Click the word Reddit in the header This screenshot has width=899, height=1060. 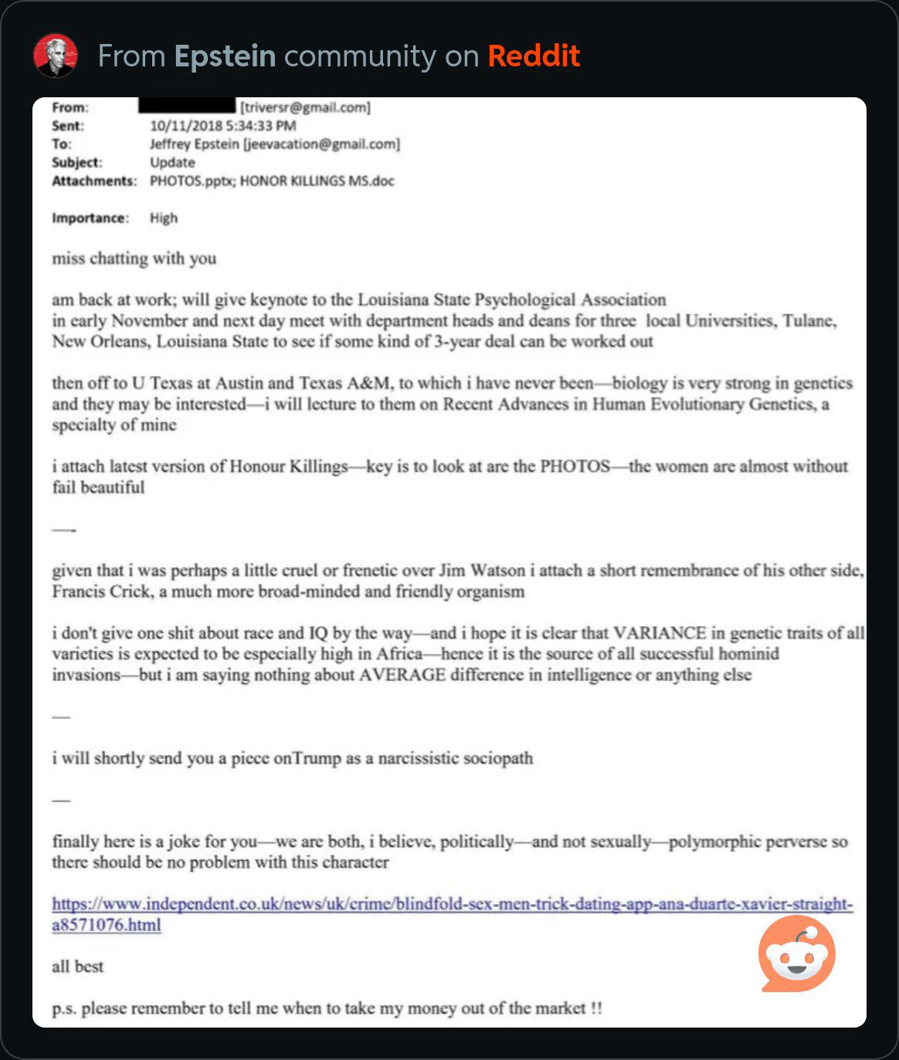[534, 56]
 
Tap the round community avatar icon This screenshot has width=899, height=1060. [56, 56]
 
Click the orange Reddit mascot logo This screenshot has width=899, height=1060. [796, 953]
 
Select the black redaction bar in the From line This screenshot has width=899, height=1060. [188, 107]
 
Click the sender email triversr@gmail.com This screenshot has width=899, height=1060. [307, 107]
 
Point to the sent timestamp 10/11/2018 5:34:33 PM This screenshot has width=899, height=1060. [223, 126]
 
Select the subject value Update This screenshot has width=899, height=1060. [172, 163]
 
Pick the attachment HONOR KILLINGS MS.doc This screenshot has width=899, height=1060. [317, 181]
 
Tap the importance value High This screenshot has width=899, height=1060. [164, 218]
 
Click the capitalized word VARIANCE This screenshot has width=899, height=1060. [659, 634]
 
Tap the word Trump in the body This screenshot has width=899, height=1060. [317, 759]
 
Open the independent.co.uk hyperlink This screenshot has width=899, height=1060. [452, 905]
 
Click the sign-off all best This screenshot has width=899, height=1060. [77, 967]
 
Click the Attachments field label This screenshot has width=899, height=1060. [93, 181]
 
